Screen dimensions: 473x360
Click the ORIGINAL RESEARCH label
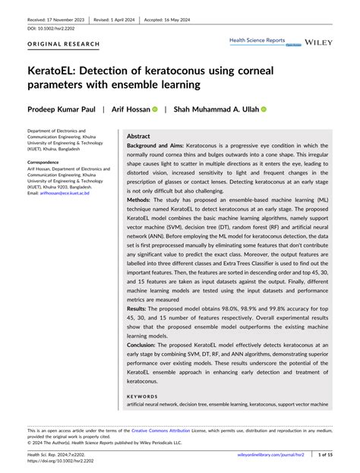64,44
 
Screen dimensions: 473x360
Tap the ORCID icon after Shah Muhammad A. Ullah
264,109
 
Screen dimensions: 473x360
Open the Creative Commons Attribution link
166,430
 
